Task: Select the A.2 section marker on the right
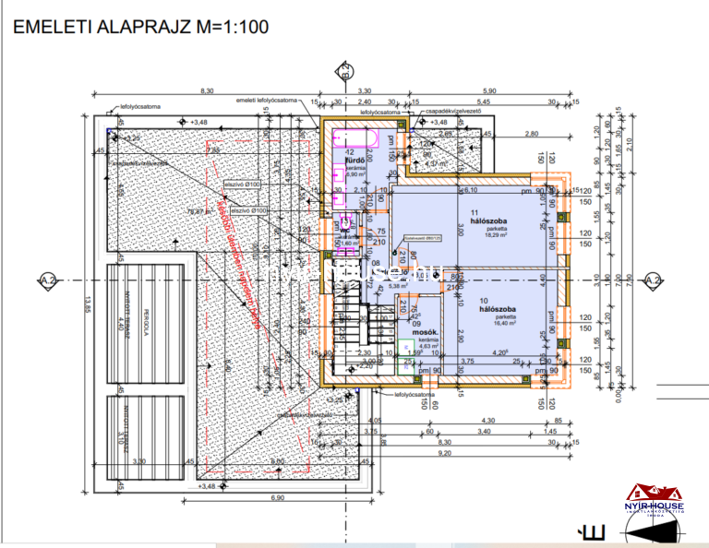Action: click(653, 280)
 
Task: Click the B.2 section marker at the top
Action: click(343, 70)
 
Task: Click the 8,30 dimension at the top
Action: click(207, 90)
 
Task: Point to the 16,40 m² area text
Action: click(498, 323)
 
